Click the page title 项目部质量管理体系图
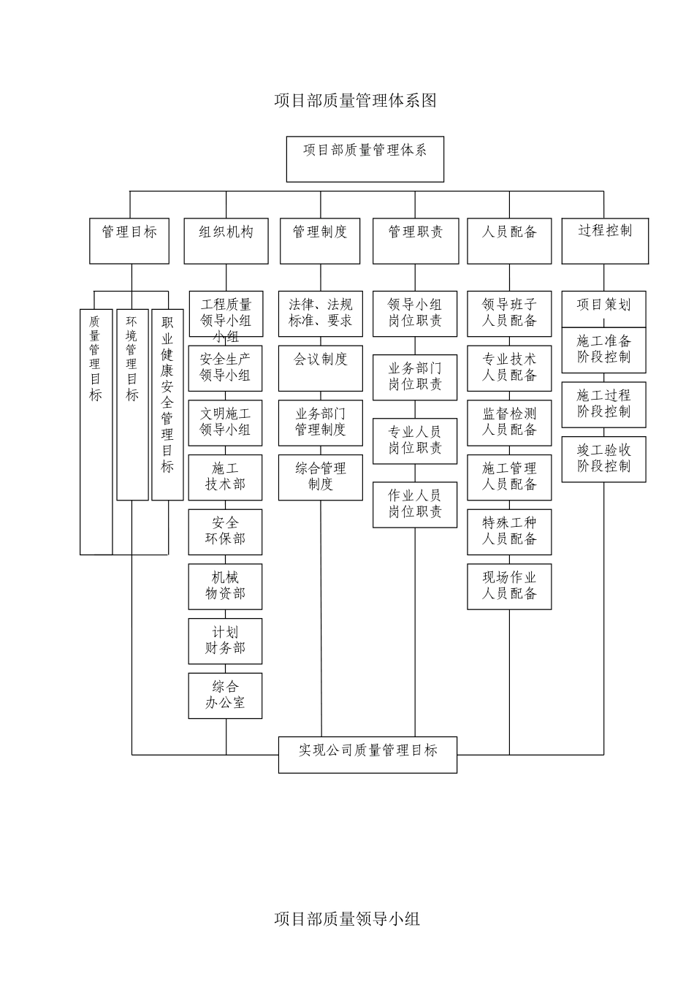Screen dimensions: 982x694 [x=355, y=101]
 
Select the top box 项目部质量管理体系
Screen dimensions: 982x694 [x=365, y=159]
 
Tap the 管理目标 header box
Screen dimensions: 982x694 [x=129, y=240]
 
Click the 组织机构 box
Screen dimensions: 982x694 [x=226, y=240]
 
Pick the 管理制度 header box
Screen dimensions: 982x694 [x=320, y=240]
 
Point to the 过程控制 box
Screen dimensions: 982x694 [x=604, y=240]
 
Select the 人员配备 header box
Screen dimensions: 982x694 [x=509, y=240]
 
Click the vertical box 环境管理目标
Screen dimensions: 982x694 [x=132, y=404]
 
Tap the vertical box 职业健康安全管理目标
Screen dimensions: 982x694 [x=167, y=404]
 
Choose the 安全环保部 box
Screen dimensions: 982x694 [x=225, y=531]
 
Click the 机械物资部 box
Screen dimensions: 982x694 [x=225, y=586]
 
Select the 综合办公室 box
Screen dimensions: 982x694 [x=225, y=696]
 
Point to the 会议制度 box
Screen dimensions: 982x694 [x=320, y=368]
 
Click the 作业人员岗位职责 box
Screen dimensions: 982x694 [x=415, y=504]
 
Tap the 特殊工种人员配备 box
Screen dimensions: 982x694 [x=509, y=531]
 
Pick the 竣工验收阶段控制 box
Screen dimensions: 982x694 [x=603, y=459]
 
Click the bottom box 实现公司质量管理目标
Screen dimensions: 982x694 [x=367, y=754]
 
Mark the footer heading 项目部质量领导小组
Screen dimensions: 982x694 [x=347, y=918]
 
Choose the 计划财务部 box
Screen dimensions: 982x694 [x=225, y=641]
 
